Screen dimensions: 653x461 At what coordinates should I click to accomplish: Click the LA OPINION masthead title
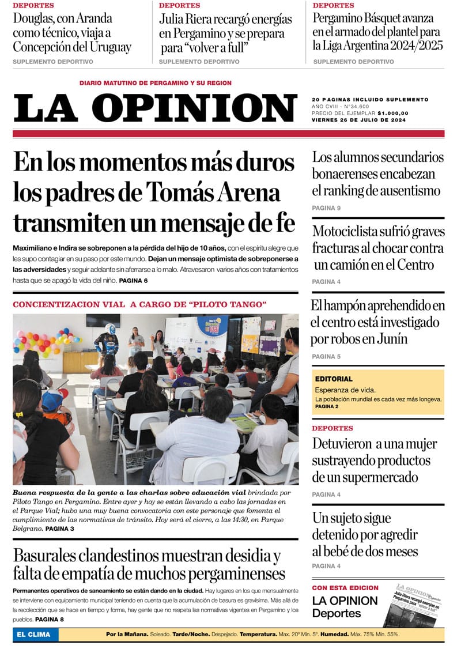click(x=154, y=107)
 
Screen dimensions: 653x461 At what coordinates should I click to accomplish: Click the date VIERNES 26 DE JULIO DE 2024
click(x=358, y=120)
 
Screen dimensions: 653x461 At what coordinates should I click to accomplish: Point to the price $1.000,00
click(x=393, y=113)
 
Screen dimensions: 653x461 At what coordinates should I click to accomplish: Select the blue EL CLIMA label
click(x=33, y=635)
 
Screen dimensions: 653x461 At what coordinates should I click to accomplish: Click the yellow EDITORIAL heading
click(x=334, y=379)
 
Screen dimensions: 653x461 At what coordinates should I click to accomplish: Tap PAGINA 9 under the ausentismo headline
click(x=326, y=207)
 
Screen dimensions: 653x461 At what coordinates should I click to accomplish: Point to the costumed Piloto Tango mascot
click(x=107, y=340)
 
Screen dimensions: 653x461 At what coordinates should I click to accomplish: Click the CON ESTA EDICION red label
click(x=345, y=588)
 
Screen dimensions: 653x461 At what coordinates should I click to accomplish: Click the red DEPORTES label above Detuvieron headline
click(x=332, y=428)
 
